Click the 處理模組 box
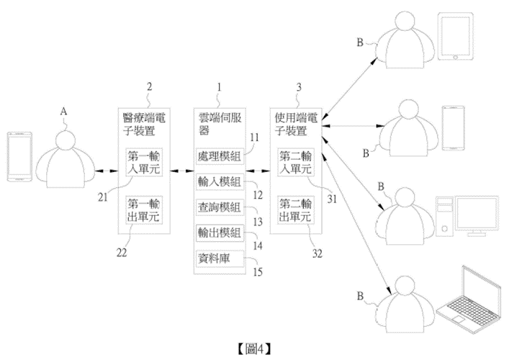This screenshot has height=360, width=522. [x=219, y=156]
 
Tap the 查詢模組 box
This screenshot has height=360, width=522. [x=219, y=208]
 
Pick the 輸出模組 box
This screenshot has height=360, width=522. [x=219, y=233]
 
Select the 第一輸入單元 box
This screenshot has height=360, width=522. [x=145, y=163]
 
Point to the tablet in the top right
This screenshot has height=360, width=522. [x=451, y=40]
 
